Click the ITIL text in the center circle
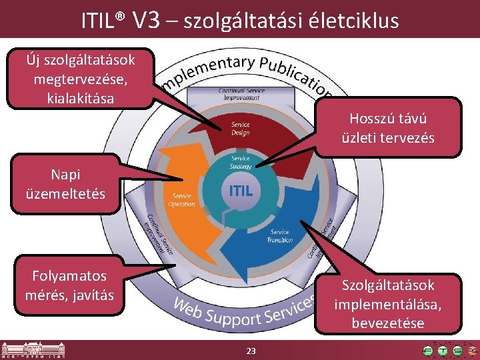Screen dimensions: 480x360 tap(241, 191)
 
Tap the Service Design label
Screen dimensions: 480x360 tap(241, 129)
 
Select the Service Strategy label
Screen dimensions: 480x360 tap(240, 162)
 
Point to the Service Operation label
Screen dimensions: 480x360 tap(182, 200)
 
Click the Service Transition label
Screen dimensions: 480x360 tap(279, 237)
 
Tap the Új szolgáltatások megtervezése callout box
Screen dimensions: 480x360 tap(80, 79)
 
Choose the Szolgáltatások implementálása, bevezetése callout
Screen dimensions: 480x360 tap(388, 304)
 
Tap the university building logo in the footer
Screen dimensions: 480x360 tap(23, 351)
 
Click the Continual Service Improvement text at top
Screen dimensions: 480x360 tap(241, 94)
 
